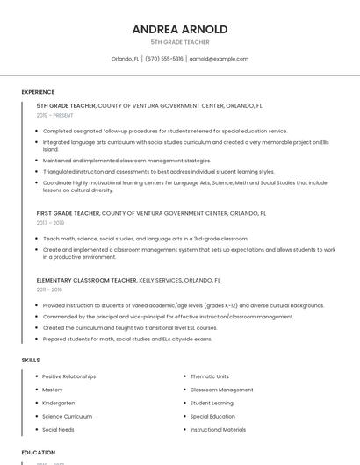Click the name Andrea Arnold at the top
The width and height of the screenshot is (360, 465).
coord(180,29)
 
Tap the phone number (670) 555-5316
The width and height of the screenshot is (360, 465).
coord(164,59)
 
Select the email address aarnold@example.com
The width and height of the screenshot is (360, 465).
coord(219,59)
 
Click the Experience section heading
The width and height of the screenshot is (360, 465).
coord(38,92)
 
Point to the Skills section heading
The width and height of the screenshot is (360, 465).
coord(31,360)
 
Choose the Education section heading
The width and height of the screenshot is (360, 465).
coord(38,453)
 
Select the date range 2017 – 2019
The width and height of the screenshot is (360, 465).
coord(50,223)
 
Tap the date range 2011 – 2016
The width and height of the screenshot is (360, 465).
coord(49,290)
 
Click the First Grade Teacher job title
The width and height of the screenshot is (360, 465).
coord(68,213)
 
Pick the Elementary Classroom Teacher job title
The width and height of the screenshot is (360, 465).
coord(87,280)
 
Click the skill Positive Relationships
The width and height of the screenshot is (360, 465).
coord(69,376)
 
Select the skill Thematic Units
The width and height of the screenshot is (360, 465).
coord(209,376)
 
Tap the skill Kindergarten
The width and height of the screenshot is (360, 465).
coord(59,403)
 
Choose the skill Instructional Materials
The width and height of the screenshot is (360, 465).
coord(218,430)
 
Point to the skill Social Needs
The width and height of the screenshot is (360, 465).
coord(58,430)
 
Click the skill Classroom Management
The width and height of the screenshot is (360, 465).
coord(221,390)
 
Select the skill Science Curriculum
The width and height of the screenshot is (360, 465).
coord(67,417)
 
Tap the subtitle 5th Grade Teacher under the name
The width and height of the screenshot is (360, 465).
coord(180,41)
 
